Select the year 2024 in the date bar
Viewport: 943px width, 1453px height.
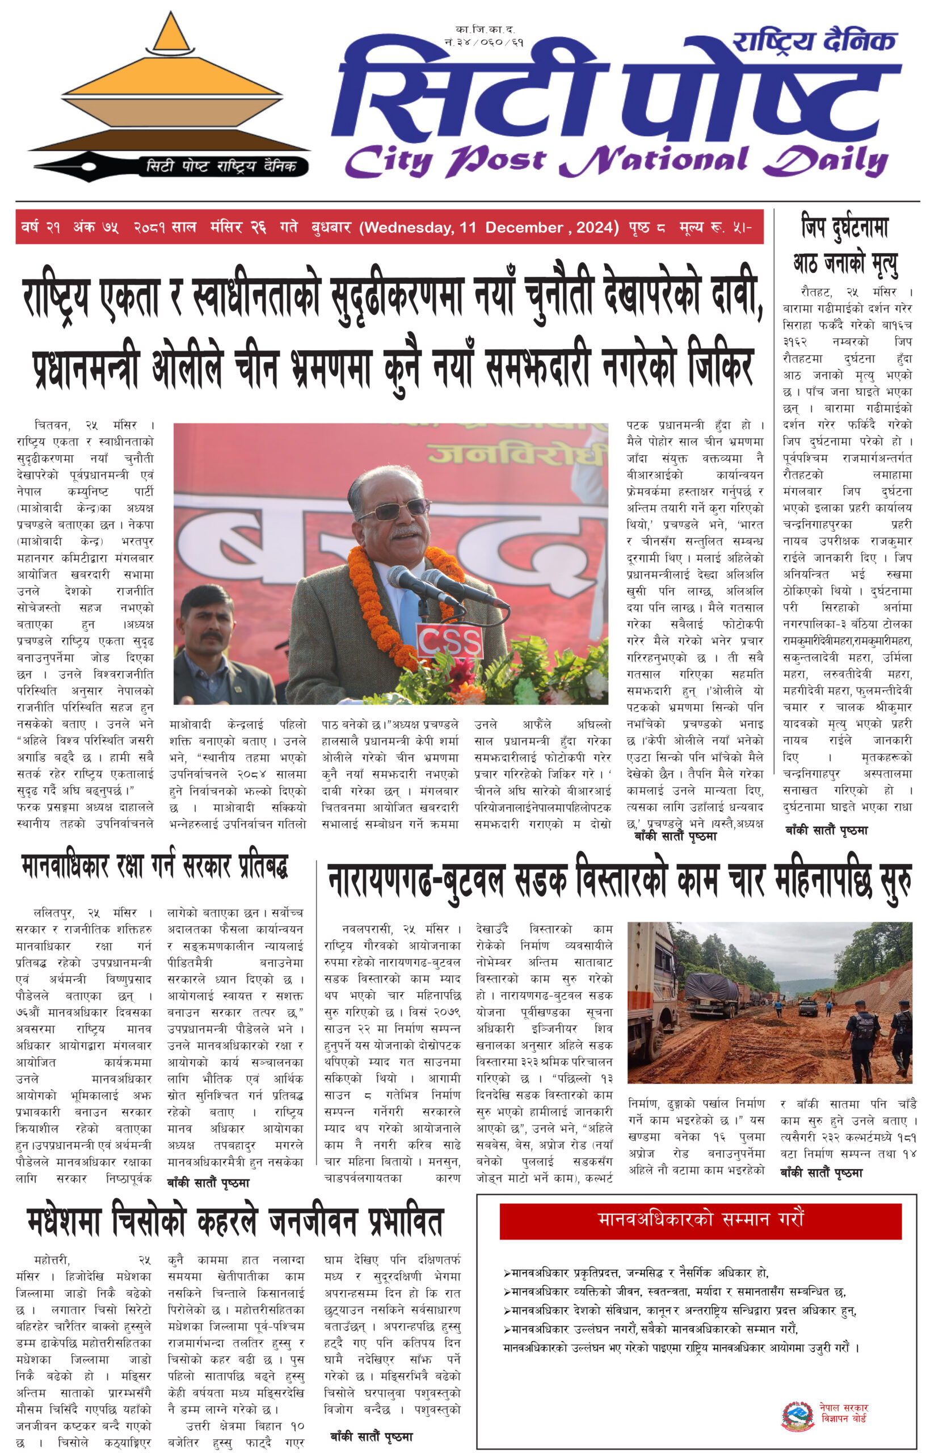point(595,228)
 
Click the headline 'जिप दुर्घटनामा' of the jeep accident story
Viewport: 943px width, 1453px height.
point(845,227)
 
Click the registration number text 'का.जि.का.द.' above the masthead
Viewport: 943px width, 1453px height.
point(485,30)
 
